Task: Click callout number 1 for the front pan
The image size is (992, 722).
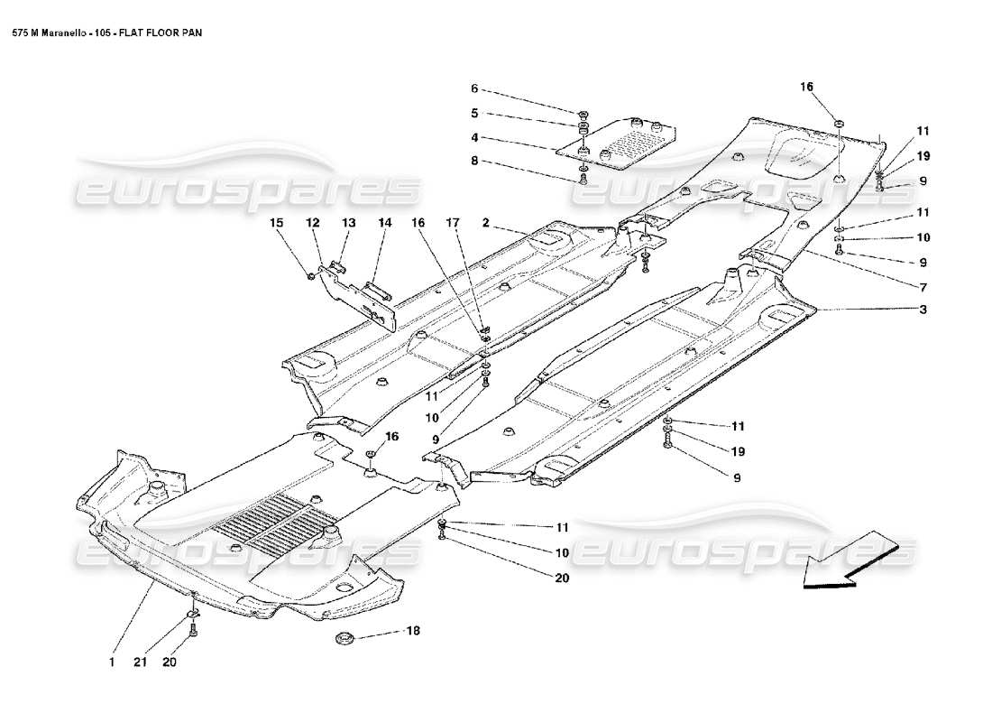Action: [x=111, y=662]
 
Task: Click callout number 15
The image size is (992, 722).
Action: [x=277, y=223]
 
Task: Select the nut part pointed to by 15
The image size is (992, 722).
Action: [x=311, y=273]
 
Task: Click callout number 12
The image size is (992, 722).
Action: [x=311, y=223]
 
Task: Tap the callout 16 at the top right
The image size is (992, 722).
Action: [x=806, y=87]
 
